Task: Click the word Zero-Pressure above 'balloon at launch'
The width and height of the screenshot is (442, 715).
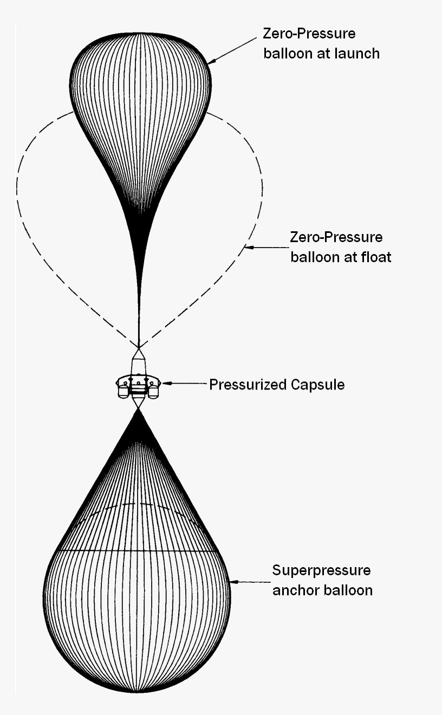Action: [x=309, y=34]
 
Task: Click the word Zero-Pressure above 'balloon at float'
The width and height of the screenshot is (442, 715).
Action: [x=336, y=237]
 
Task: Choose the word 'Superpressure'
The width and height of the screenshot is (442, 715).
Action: [x=321, y=570]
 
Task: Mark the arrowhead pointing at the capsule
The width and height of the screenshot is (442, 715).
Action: [x=165, y=383]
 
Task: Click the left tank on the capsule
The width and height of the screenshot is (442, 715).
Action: [x=123, y=390]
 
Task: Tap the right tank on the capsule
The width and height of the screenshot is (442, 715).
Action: [x=154, y=390]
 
